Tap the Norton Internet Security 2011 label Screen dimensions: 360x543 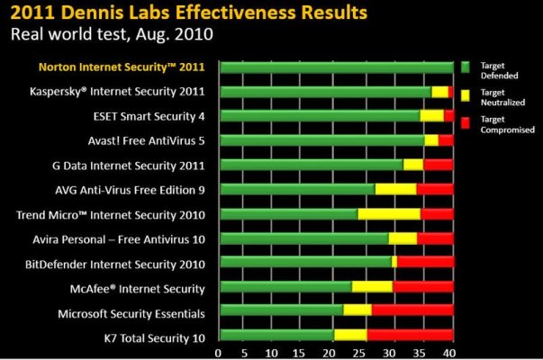tap(122, 67)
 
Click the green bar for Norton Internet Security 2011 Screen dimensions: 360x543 tap(336, 67)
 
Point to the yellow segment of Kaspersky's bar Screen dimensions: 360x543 tap(439, 91)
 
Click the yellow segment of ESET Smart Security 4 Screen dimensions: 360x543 tap(431, 115)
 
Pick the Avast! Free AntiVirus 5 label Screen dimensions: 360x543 tap(149, 139)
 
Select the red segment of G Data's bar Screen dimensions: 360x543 tap(438, 165)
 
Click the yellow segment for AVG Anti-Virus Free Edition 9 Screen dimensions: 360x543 tap(395, 189)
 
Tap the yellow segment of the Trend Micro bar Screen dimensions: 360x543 tap(389, 214)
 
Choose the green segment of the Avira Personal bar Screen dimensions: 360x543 tap(304, 238)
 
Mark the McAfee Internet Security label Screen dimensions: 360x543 tap(150, 288)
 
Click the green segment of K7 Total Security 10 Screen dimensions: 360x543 tap(277, 337)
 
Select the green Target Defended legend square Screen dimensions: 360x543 tap(466, 67)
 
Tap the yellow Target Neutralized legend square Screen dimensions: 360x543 tap(466, 94)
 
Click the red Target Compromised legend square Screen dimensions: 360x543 tap(466, 121)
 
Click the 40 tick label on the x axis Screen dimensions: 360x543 tap(449, 351)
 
